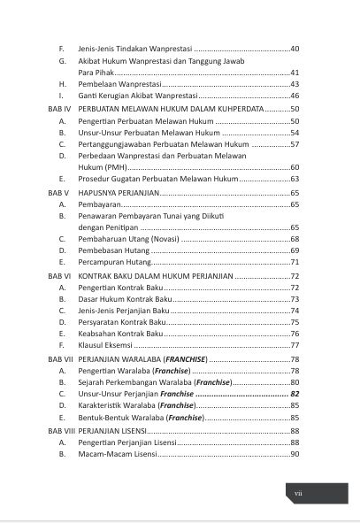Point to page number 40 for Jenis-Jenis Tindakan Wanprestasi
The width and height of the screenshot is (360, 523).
point(295,47)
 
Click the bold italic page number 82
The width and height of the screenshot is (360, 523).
point(295,395)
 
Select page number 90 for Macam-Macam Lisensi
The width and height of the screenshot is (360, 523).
point(295,454)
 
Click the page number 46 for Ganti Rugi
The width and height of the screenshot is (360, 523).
point(295,95)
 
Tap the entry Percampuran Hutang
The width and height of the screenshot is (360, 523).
point(115,263)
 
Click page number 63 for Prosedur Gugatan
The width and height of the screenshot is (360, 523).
point(295,179)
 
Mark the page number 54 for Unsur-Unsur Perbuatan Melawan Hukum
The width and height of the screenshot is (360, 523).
point(295,132)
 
